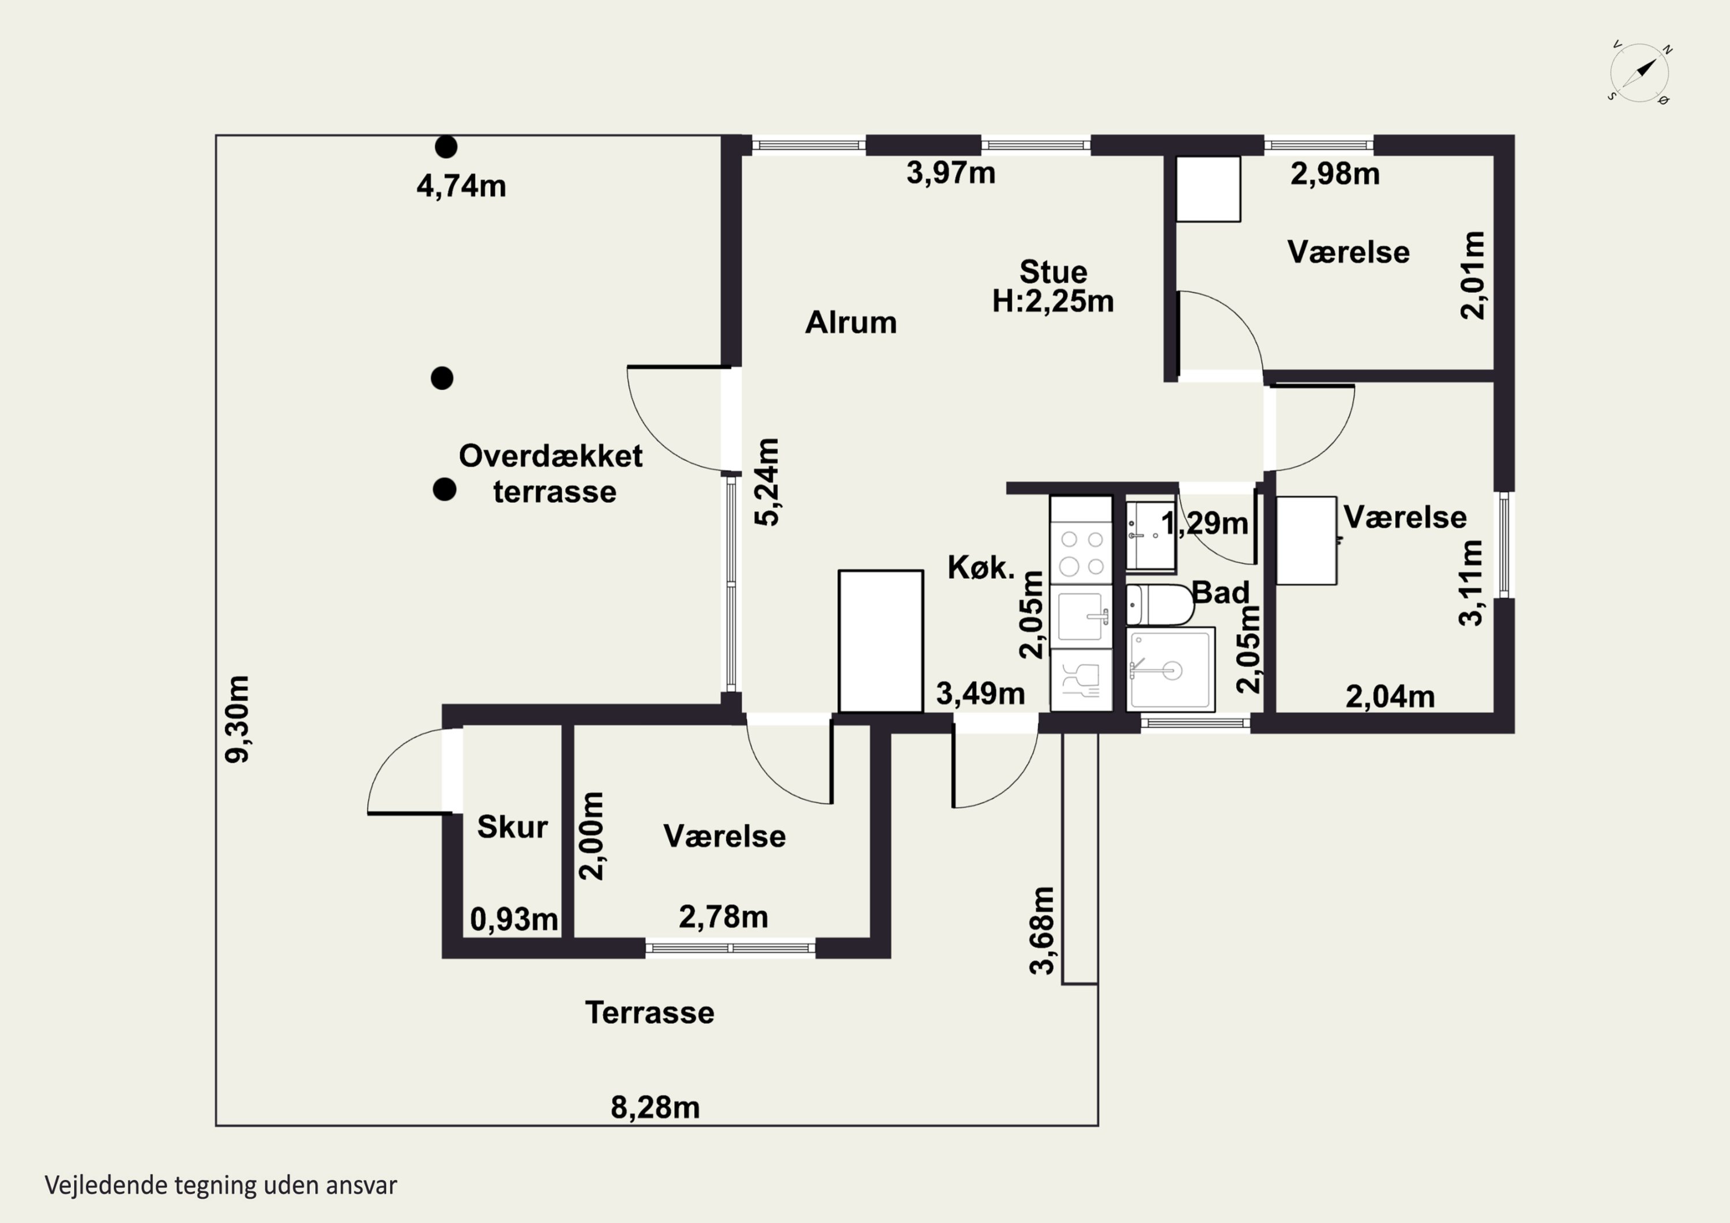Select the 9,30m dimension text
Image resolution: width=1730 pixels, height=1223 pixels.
click(x=238, y=719)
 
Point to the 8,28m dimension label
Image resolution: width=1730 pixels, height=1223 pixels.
click(x=655, y=1107)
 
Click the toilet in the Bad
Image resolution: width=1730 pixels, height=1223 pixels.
click(x=1160, y=604)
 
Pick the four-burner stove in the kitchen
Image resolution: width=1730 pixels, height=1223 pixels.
click(x=1081, y=552)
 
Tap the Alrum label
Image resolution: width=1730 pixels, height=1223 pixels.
click(x=851, y=322)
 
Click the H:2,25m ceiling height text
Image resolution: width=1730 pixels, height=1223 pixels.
click(x=1052, y=302)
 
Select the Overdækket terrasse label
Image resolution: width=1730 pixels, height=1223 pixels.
click(x=551, y=473)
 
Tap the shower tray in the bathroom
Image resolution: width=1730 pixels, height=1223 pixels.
click(x=1170, y=668)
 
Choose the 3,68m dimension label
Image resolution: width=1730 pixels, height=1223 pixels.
click(x=1042, y=931)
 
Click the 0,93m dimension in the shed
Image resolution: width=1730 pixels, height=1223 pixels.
click(x=514, y=919)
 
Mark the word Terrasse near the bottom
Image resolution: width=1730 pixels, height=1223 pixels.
click(x=649, y=1013)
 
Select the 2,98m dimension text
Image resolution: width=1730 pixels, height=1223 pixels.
click(x=1334, y=174)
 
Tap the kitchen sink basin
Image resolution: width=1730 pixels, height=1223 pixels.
click(x=1081, y=616)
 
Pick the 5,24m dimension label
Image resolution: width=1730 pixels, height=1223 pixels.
click(x=768, y=482)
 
